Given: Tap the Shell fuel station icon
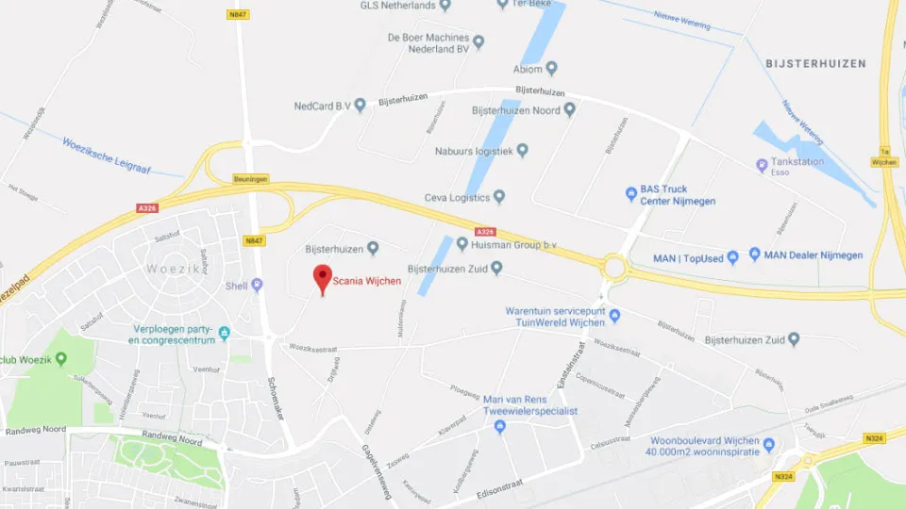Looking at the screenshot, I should point(257,286).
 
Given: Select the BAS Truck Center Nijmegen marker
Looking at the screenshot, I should point(632,195).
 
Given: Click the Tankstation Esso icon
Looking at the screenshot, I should point(763,166).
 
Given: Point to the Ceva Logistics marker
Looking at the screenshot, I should point(500,197).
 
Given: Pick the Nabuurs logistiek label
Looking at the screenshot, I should point(473,151).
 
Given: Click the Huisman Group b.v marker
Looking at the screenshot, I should point(462,244).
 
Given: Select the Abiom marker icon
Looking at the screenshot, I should point(552,68).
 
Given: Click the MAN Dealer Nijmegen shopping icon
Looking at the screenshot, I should point(754,254).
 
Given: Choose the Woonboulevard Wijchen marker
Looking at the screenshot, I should point(768,445).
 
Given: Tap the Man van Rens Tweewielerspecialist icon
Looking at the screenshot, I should point(500,427).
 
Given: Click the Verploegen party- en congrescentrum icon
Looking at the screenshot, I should point(224,333).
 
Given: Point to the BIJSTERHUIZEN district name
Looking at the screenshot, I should point(817,63).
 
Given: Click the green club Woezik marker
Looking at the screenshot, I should point(61,358).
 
